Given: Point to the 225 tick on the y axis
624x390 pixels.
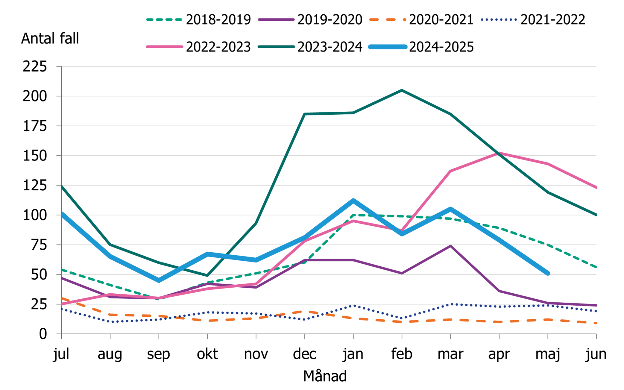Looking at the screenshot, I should tap(35, 66).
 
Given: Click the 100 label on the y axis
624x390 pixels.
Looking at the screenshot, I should tap(35, 215).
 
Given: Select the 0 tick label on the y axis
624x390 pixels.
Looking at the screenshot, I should tap(43, 334).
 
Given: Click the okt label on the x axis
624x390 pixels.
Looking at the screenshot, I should tap(207, 354).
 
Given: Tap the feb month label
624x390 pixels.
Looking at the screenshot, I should tap(402, 354).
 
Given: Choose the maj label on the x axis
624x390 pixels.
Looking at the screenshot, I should tap(547, 354).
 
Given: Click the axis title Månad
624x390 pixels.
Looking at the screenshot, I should tap(325, 376).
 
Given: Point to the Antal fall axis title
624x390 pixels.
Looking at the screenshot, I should tap(50, 39).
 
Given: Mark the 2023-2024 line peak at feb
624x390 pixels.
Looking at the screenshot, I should tap(402, 90).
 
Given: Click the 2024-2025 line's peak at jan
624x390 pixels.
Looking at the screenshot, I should tap(353, 201).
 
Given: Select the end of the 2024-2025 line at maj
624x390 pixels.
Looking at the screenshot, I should tap(548, 273).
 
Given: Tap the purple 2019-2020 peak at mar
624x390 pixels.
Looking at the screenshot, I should tap(450, 246).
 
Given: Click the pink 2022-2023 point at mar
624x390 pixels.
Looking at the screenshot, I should tap(450, 171).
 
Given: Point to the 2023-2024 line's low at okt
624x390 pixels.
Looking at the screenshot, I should tap(207, 275).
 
